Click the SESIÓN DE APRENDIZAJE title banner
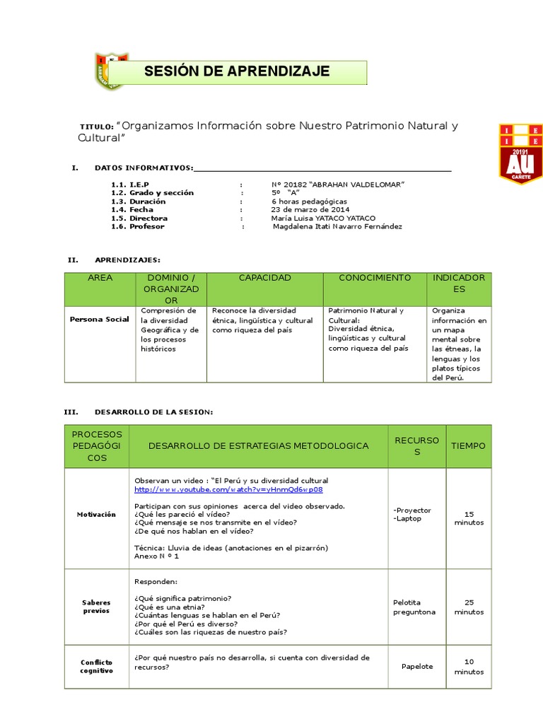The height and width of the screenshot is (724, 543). pos(237,71)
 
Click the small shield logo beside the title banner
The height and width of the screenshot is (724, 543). pos(110,71)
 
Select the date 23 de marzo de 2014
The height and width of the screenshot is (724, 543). pos(310,209)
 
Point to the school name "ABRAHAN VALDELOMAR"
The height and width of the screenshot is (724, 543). pos(338,184)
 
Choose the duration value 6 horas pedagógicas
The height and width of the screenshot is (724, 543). pos(309,201)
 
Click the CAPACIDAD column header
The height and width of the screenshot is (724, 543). pos(264,278)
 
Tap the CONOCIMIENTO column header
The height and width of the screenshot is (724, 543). pos(374,278)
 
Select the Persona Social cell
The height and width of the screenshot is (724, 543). pos(99,319)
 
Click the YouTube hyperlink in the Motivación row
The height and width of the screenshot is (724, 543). pos(228,489)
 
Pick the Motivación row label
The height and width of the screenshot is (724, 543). pos(96,514)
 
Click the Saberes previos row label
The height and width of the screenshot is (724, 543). pos(96,607)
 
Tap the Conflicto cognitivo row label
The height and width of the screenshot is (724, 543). pos(96,666)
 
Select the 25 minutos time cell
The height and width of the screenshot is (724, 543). pos(468,607)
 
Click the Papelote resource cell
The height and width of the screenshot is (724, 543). pos(416,666)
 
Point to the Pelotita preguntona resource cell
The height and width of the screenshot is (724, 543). pos(414,607)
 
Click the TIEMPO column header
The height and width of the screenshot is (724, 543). pos(468,446)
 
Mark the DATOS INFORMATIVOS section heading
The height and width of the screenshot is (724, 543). pos(144,168)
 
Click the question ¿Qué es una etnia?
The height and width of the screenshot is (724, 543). pos(170,607)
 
